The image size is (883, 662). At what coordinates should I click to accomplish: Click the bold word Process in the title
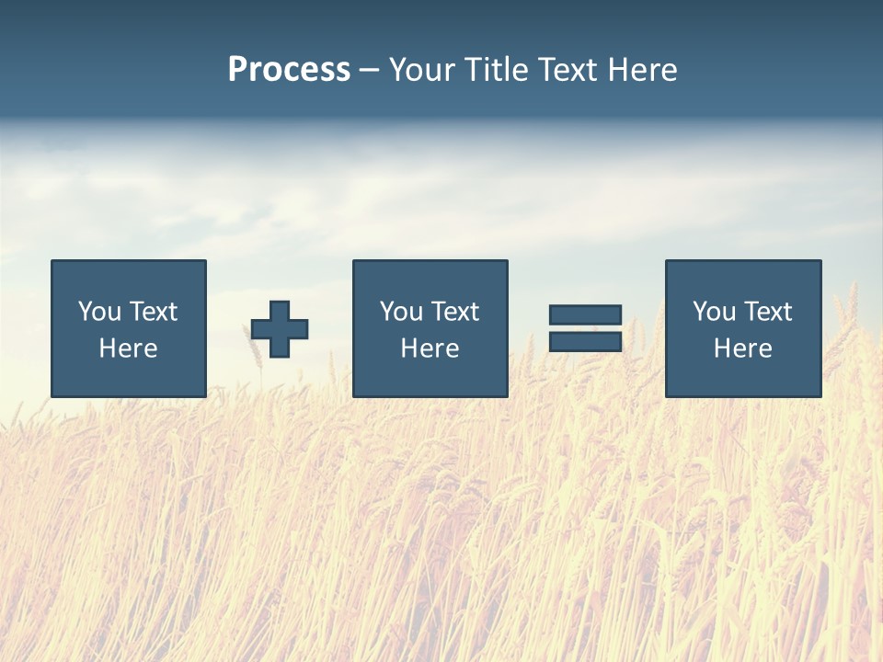coord(289,70)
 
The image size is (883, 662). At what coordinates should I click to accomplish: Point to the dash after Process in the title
coord(369,71)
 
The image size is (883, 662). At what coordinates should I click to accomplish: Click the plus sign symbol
coord(280,329)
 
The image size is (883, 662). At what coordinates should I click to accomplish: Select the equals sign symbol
coord(585,328)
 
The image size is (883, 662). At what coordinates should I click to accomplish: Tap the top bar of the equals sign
coord(585,315)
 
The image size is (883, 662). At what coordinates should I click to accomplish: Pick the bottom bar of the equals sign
coord(585,341)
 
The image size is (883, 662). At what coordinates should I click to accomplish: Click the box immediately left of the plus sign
coord(129,328)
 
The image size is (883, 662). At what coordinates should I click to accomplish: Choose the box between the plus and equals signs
coord(430,328)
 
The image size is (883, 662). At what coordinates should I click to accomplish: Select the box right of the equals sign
coord(742,328)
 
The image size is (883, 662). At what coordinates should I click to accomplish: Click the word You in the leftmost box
coord(98,312)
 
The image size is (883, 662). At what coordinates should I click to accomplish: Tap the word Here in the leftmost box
coord(128,348)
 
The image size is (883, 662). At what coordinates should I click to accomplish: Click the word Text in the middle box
coord(455,312)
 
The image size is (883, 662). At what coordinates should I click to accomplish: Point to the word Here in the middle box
coord(430,348)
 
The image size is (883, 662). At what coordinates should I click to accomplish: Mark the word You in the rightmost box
coord(713,312)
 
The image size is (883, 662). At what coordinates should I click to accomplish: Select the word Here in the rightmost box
coord(742,348)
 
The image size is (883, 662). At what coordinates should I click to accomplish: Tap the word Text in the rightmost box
coord(768,312)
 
